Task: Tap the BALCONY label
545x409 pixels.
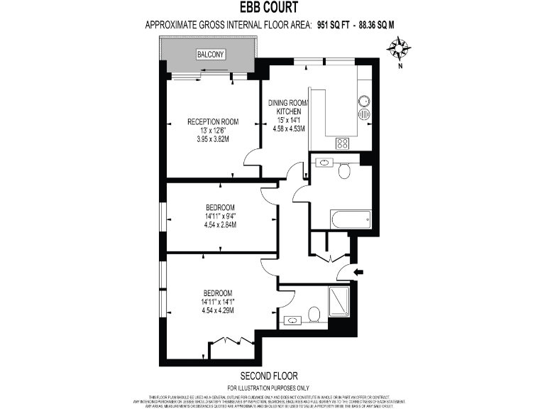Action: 212,54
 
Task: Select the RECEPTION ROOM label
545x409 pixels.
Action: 213,121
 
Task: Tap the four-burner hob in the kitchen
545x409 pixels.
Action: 343,143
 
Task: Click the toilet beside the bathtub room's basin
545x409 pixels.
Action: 345,170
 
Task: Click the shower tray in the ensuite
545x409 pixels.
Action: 339,302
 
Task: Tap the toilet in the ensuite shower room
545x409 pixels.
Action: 315,314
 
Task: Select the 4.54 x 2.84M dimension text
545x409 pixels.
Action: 219,225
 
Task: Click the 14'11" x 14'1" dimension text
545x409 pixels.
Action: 218,302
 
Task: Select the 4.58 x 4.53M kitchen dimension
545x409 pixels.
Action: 289,129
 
